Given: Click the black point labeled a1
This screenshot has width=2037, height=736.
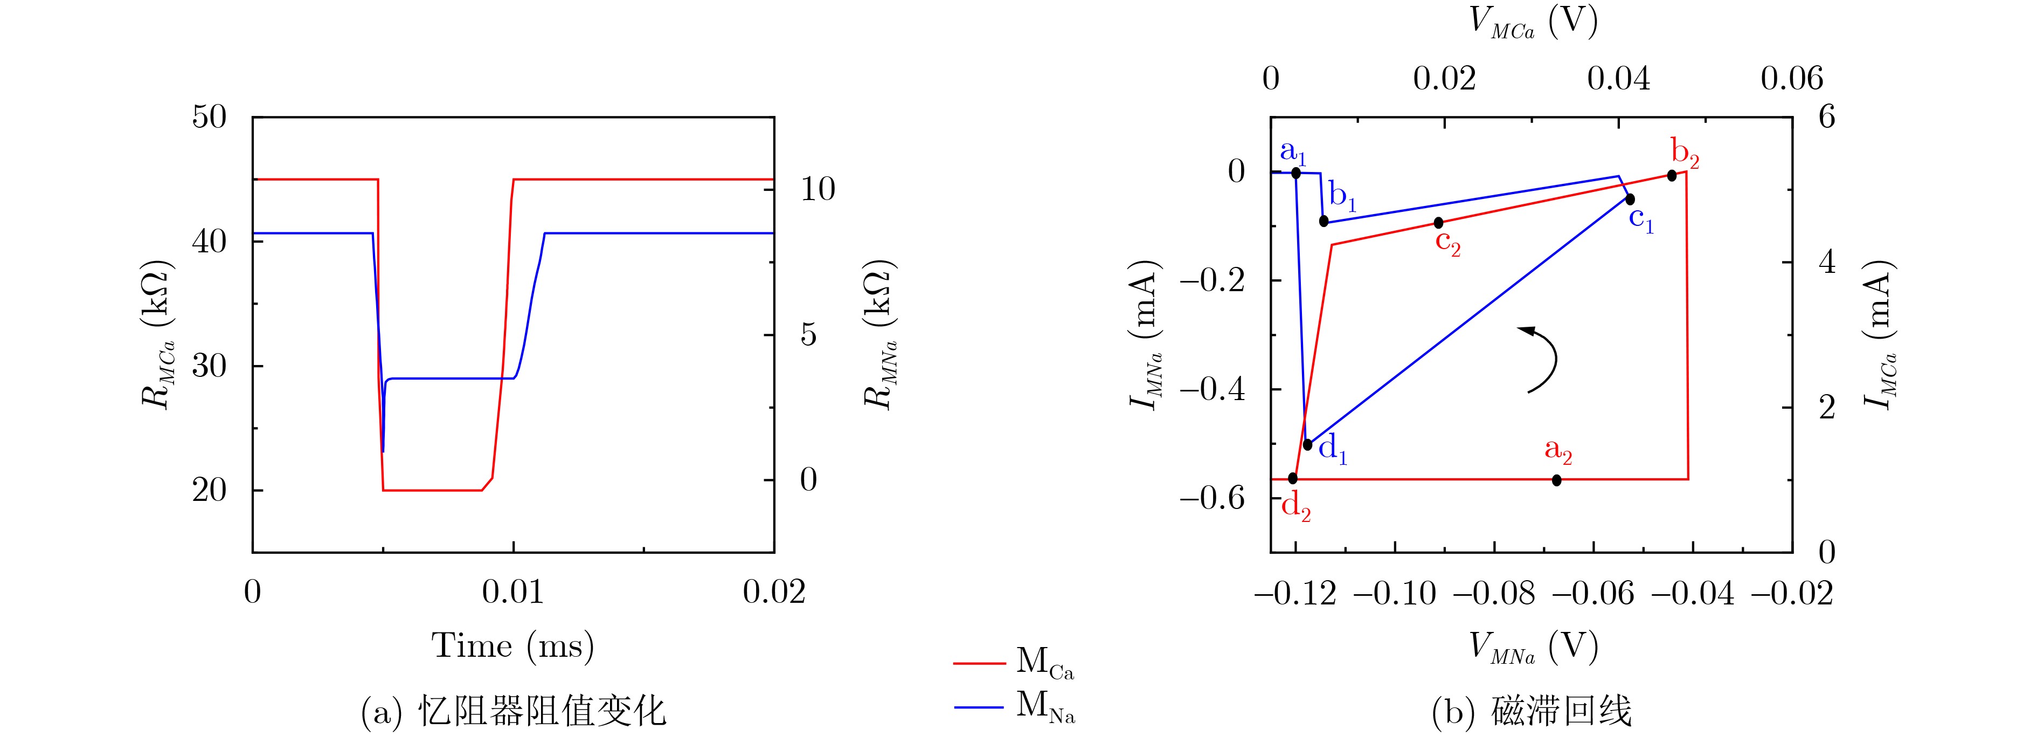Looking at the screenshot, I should pyautogui.click(x=1295, y=173).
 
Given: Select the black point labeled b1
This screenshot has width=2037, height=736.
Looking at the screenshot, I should pyautogui.click(x=1324, y=221).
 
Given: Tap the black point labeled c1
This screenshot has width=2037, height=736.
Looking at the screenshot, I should pyautogui.click(x=1630, y=198).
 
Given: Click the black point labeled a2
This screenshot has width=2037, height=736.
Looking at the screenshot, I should pyautogui.click(x=1556, y=479).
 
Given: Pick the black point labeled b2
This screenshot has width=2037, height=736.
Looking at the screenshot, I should pyautogui.click(x=1671, y=175).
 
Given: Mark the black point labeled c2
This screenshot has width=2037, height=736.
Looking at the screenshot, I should pyautogui.click(x=1438, y=222).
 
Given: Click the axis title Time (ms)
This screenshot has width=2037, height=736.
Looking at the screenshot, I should pyautogui.click(x=512, y=646).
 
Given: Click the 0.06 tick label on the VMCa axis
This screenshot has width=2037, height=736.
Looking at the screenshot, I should pyautogui.click(x=1791, y=78).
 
